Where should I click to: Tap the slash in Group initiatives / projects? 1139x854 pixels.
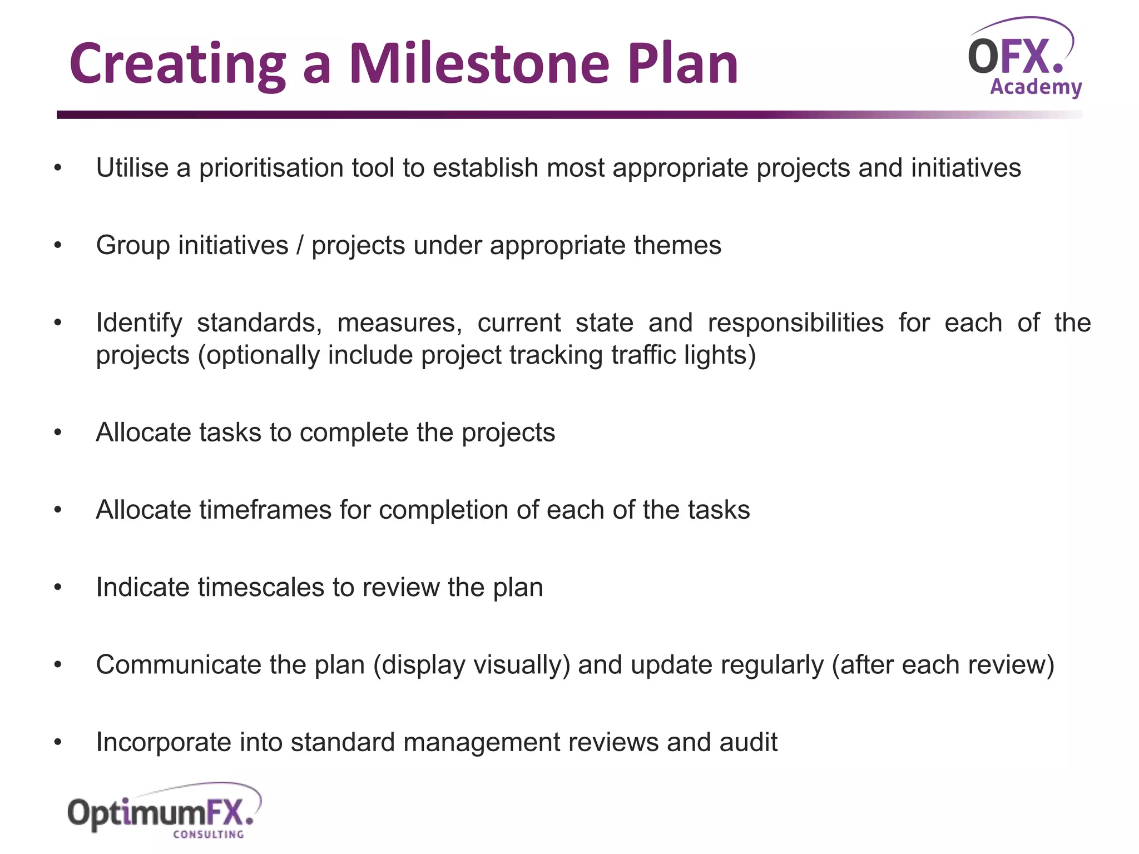[300, 245]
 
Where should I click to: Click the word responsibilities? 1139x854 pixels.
[795, 323]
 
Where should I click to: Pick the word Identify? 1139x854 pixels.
[139, 323]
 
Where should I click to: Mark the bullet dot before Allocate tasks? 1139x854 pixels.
[58, 433]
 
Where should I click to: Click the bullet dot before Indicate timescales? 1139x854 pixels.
[58, 588]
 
